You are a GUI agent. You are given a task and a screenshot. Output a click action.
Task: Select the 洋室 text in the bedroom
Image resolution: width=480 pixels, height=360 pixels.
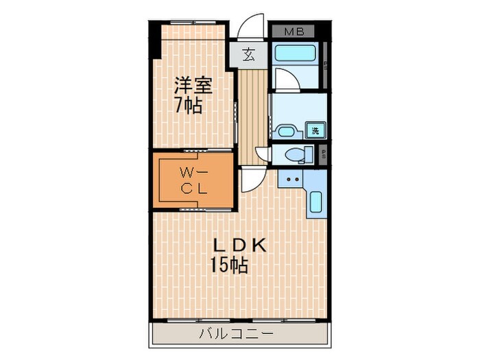coord(193,86)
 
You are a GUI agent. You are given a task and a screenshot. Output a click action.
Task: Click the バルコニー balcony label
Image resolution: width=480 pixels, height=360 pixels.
coord(236,334)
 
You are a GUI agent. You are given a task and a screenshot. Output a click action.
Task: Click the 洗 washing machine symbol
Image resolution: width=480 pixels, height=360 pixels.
coord(315,131)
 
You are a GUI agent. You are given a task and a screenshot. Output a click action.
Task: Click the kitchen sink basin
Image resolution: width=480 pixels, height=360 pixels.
coord(315,203)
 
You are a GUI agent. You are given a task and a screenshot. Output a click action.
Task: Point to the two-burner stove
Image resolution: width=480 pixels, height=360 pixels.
coord(293,180)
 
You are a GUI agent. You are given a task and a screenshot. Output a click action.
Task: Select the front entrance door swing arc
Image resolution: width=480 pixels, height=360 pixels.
coord(253,25)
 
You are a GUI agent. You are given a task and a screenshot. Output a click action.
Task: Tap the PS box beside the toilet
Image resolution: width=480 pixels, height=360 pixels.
coord(324,155)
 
